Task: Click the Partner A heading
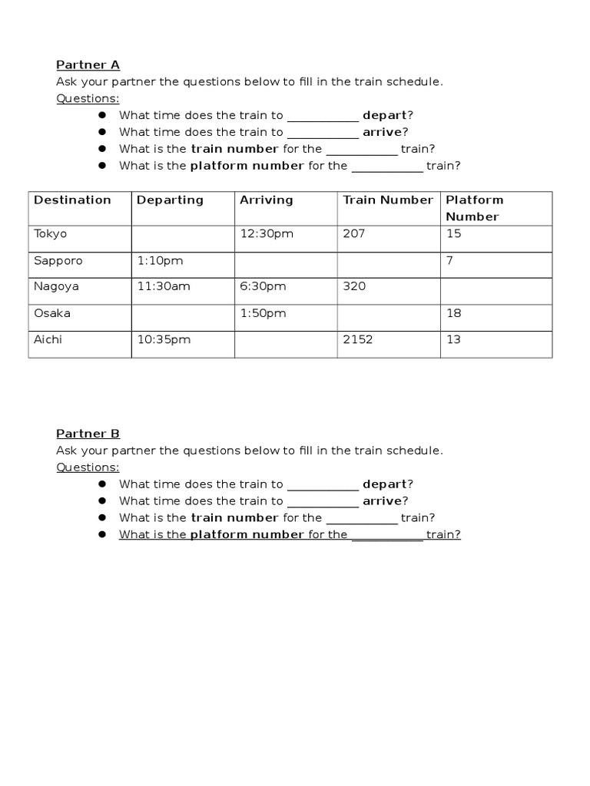(x=88, y=65)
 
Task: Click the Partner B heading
(x=88, y=434)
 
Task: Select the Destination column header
(x=72, y=200)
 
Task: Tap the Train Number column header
(x=388, y=200)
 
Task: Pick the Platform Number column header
(x=474, y=208)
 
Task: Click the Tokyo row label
(x=51, y=234)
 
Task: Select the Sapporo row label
(x=58, y=261)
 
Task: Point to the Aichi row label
(x=48, y=339)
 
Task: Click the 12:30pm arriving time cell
(x=267, y=234)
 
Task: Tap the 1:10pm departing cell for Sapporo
(x=160, y=261)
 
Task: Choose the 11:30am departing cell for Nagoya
(x=163, y=286)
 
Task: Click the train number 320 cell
(x=354, y=286)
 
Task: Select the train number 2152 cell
(x=357, y=339)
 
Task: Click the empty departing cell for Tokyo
(x=183, y=238)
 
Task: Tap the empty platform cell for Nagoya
(x=496, y=290)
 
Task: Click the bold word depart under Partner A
(x=384, y=116)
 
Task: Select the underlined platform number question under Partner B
(x=290, y=535)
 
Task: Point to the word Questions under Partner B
(x=88, y=467)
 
